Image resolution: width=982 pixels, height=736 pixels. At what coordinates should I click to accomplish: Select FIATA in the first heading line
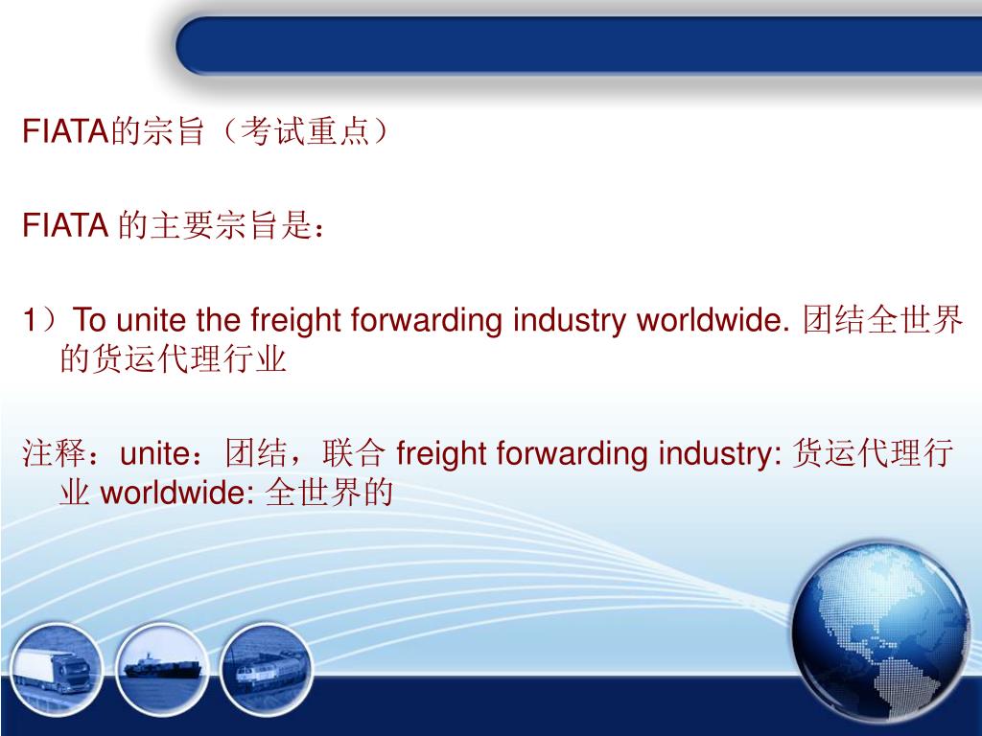click(63, 131)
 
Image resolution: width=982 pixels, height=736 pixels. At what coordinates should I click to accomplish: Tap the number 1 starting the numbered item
click(32, 320)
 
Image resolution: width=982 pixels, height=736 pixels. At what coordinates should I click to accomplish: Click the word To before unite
click(90, 320)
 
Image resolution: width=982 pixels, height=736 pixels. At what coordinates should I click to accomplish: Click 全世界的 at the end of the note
click(329, 494)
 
